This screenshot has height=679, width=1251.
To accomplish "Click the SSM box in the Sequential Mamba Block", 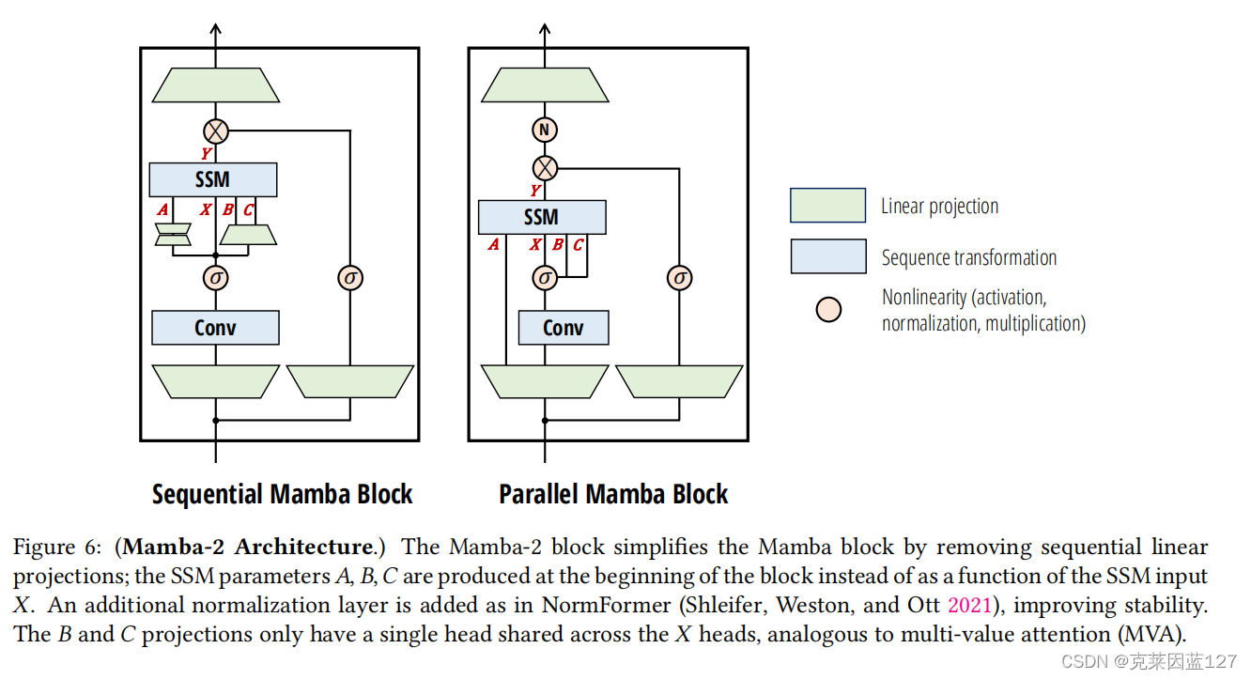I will (213, 179).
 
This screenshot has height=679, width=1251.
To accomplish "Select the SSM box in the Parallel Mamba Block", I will (542, 217).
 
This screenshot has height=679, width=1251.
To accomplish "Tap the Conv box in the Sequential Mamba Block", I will (215, 328).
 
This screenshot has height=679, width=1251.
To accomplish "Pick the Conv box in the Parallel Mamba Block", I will (564, 328).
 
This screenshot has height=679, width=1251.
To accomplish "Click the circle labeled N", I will (545, 130).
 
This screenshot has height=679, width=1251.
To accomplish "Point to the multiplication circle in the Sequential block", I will (216, 131).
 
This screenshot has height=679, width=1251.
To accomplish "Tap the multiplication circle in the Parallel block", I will (545, 168).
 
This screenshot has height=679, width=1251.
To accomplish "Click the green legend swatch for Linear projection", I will (827, 206).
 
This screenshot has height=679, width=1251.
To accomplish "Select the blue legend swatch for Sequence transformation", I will (827, 256).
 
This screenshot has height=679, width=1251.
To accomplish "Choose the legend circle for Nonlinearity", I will (828, 310).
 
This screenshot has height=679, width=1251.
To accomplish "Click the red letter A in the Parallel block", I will (493, 245).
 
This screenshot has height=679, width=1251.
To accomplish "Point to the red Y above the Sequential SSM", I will (206, 153).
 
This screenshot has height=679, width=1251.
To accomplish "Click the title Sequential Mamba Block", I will (282, 495).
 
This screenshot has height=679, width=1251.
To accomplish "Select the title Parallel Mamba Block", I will (613, 495).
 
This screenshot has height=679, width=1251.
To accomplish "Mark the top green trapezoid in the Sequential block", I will (216, 85).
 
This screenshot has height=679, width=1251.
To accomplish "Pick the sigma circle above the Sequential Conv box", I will (216, 278).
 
